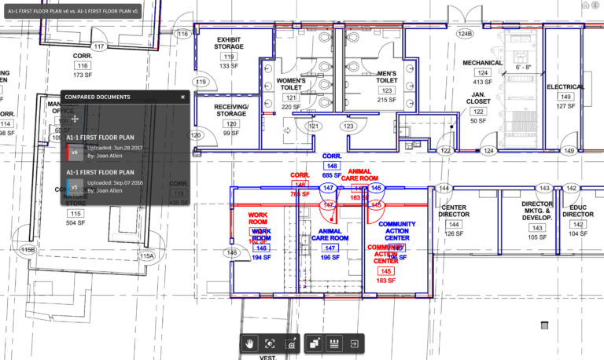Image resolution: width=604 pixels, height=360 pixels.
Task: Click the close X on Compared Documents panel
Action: point(182,97)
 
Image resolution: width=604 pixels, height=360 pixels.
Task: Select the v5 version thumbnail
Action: point(74,186)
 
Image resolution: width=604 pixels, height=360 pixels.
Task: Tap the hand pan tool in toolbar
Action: point(250,343)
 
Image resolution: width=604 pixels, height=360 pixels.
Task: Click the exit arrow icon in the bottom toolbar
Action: point(355,343)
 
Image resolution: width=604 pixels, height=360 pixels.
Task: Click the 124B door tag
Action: point(465,34)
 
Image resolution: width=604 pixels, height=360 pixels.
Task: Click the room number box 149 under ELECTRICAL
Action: point(565,97)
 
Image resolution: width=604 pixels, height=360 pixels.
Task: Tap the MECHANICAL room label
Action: point(482,62)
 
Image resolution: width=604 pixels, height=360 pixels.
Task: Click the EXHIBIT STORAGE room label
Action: point(229,42)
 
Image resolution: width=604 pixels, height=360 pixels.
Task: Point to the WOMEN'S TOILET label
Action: point(290,84)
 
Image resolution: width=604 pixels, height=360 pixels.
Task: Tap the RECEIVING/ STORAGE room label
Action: point(230,111)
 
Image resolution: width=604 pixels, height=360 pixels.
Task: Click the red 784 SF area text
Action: point(300,194)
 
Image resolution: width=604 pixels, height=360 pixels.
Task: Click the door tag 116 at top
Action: point(183,34)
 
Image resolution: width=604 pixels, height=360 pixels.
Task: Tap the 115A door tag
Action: point(147,256)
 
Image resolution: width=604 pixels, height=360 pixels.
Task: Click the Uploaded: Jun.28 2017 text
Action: point(113,147)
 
